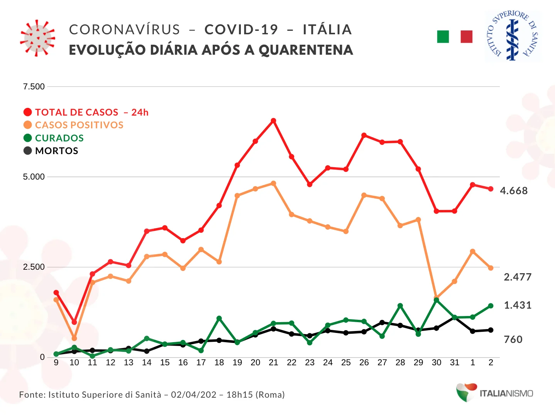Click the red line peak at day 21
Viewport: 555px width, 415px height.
pos(273,121)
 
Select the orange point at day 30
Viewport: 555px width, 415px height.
pos(437,297)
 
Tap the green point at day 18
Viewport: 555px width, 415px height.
pos(219,318)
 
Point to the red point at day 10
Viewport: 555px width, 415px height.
pos(74,322)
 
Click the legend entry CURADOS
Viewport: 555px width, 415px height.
pos(59,138)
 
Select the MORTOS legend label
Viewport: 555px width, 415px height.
pos(56,151)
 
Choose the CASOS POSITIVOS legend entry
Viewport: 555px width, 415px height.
pos(79,125)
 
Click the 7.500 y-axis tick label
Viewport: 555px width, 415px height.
pos(34,87)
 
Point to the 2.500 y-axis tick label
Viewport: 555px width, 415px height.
pos(34,267)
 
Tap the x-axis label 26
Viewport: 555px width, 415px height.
pos(364,363)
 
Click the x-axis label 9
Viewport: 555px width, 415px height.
pos(56,363)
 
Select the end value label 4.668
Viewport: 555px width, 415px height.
pos(514,191)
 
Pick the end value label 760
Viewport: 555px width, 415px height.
pos(513,339)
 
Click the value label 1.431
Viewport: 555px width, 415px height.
pos(518,305)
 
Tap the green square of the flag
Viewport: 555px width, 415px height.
pos(443,37)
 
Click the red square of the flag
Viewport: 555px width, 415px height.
pos(467,37)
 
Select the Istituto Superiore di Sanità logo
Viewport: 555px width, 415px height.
pos(513,35)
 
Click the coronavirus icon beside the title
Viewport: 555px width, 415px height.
pos(37,38)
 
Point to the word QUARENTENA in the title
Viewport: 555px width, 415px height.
pos(306,50)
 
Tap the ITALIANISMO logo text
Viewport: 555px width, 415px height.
pos(506,393)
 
